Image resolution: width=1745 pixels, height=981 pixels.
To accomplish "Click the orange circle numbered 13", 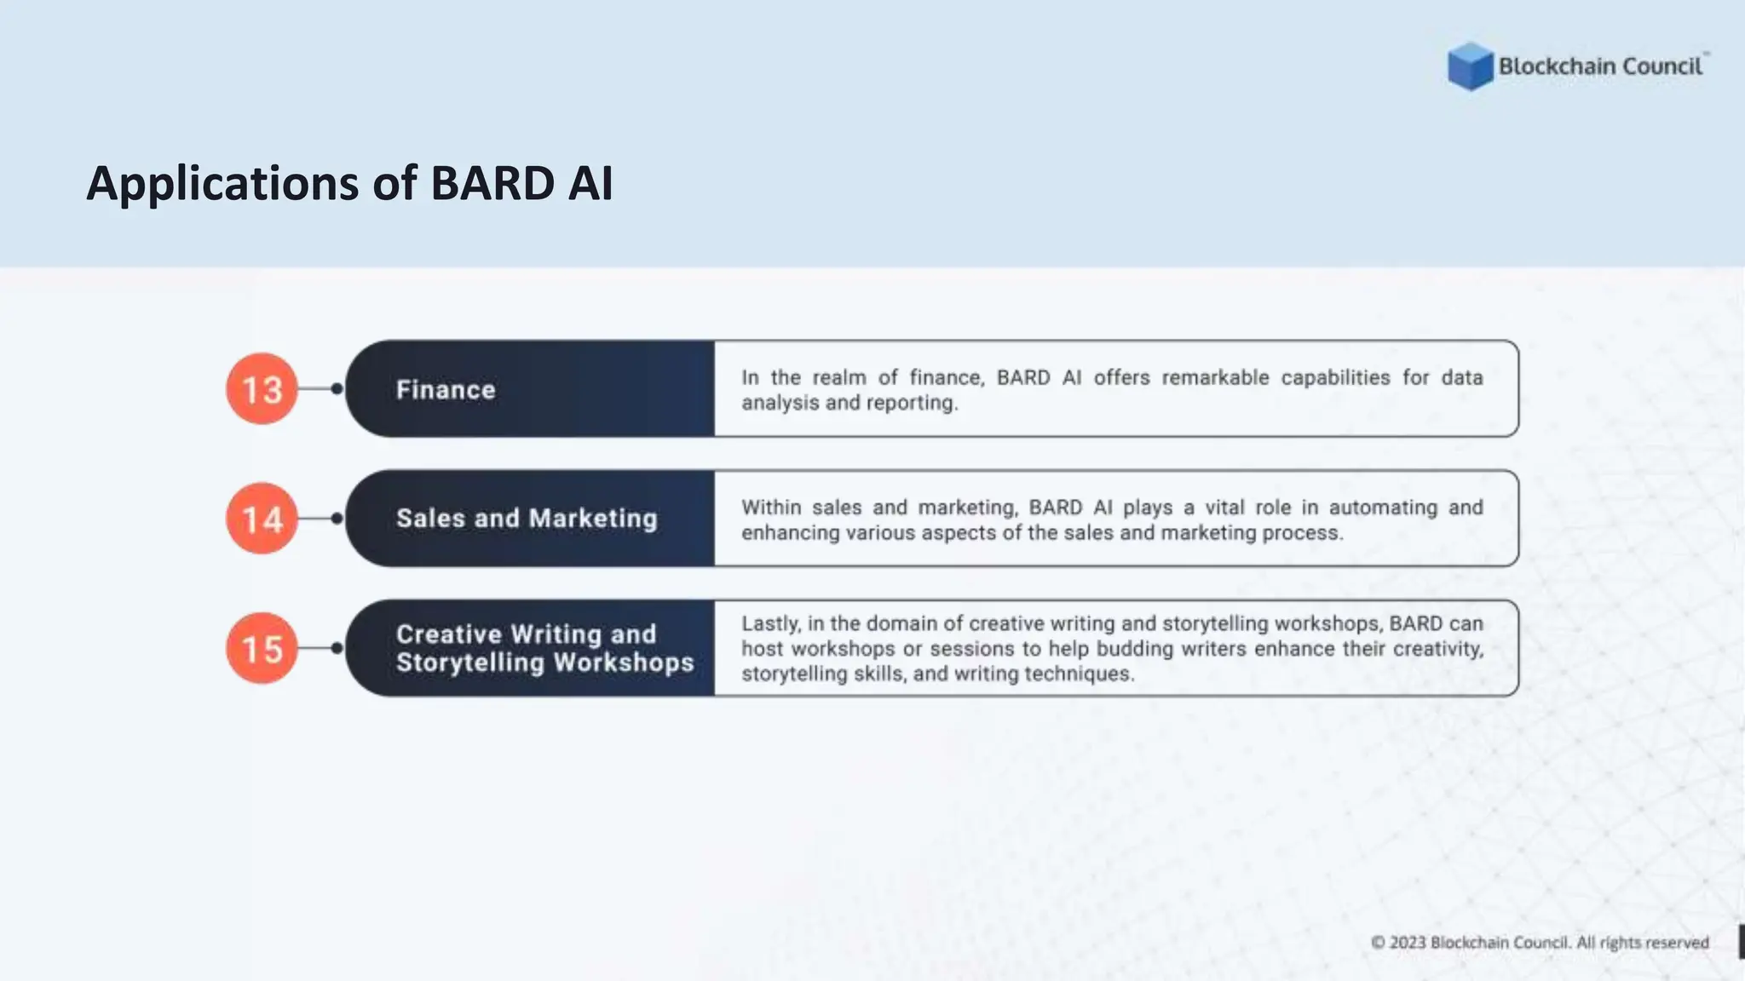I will coord(262,389).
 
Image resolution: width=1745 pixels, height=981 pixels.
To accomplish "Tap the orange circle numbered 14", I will coord(262,519).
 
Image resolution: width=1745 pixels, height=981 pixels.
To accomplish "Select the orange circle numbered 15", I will coord(262,649).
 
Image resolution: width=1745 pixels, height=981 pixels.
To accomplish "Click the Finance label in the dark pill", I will coord(446,390).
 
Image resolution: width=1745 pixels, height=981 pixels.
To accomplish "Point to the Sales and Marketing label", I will coord(527,519).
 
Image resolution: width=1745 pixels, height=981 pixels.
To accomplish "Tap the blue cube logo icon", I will coord(1470,66).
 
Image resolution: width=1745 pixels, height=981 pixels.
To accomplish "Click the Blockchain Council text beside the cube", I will coord(1600,66).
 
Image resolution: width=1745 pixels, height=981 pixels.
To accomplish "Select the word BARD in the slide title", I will coord(492,183).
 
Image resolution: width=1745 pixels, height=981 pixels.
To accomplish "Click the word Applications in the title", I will coord(222,185).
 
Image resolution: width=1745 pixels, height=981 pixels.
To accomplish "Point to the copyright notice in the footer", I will coord(1540,943).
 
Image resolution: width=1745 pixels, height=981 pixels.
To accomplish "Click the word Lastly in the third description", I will coord(769,624).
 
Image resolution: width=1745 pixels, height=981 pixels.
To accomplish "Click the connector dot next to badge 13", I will coord(337,389).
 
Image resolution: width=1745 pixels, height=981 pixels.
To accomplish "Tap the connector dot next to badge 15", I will coord(337,649).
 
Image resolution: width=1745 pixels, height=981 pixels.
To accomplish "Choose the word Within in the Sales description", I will coord(770,508).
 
